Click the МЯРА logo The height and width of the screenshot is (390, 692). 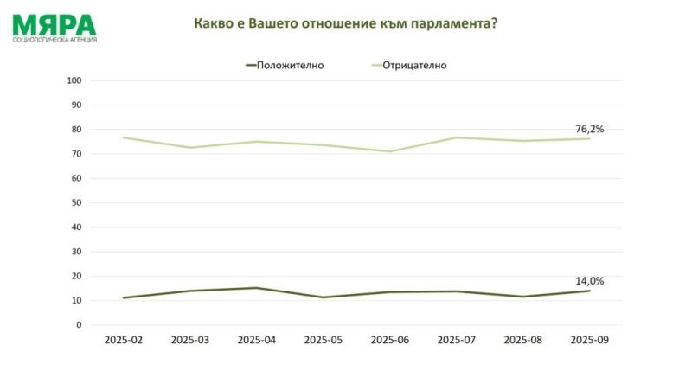[x=54, y=28]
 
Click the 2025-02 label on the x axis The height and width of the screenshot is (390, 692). [x=124, y=341]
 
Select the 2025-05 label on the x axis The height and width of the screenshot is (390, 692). [x=324, y=341]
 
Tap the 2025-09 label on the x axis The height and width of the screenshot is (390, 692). [x=590, y=341]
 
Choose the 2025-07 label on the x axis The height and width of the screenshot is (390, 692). [x=457, y=341]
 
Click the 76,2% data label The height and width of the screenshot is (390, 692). [x=589, y=129]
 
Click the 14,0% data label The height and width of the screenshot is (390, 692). [x=589, y=281]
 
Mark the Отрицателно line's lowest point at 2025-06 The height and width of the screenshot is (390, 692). [x=390, y=151]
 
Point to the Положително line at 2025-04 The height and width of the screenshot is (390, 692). [x=257, y=288]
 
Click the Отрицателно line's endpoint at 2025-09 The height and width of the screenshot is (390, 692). [x=590, y=138]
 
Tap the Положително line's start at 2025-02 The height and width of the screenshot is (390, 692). [x=124, y=297]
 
